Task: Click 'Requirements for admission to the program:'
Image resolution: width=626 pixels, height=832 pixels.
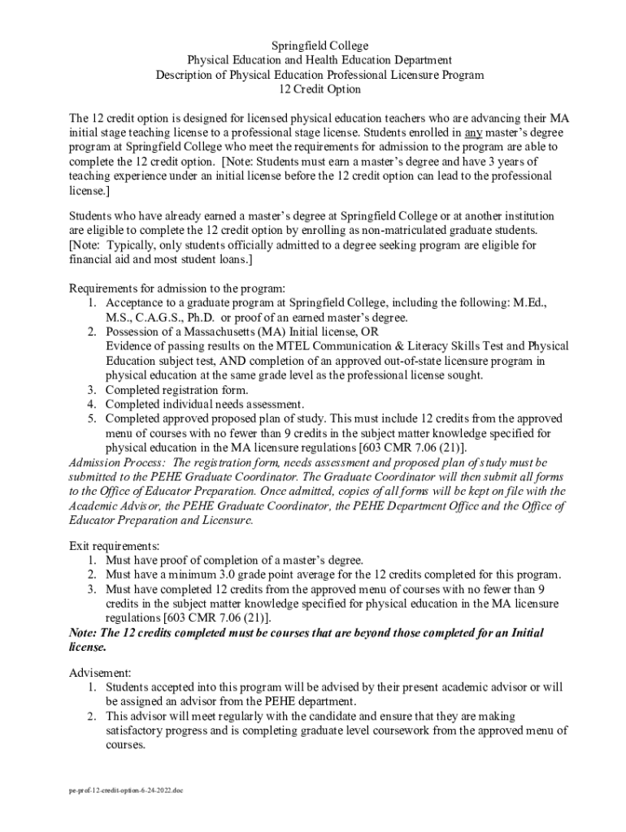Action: pyautogui.click(x=177, y=288)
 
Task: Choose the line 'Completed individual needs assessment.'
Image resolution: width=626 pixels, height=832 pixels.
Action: pyautogui.click(x=205, y=404)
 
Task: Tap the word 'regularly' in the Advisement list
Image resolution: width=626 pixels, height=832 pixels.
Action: pyautogui.click(x=224, y=716)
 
